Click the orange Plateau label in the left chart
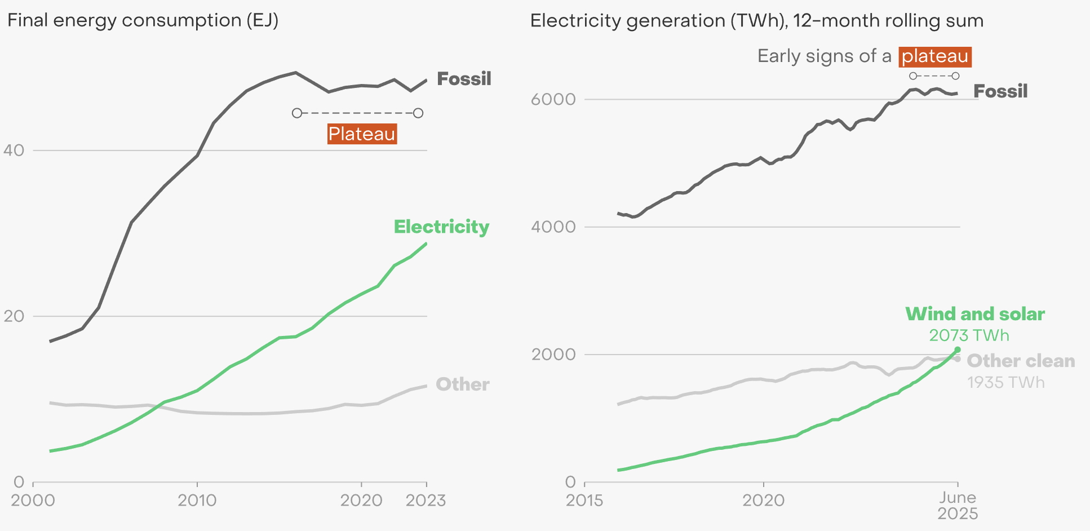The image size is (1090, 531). pyautogui.click(x=362, y=134)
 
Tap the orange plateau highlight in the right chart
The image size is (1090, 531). pyautogui.click(x=935, y=56)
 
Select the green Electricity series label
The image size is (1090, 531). pyautogui.click(x=441, y=227)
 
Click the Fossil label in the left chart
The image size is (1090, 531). pyautogui.click(x=464, y=79)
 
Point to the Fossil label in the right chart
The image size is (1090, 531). pyautogui.click(x=1000, y=91)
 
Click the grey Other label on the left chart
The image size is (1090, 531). pyautogui.click(x=463, y=384)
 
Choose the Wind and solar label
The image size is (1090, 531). pyautogui.click(x=975, y=314)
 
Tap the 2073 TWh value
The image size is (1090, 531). pyautogui.click(x=969, y=335)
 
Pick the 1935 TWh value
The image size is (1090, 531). pyautogui.click(x=1006, y=383)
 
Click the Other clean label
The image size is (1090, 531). pyautogui.click(x=1021, y=361)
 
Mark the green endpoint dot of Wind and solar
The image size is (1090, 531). pyautogui.click(x=958, y=350)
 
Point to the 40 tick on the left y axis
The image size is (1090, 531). pyautogui.click(x=14, y=150)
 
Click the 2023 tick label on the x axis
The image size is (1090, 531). pyautogui.click(x=426, y=501)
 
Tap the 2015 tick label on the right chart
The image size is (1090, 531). pyautogui.click(x=584, y=501)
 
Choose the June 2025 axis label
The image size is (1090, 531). pyautogui.click(x=958, y=506)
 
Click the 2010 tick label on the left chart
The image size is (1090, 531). pyautogui.click(x=197, y=501)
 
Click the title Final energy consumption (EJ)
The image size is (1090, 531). pyautogui.click(x=143, y=21)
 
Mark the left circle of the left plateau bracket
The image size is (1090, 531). pyautogui.click(x=297, y=113)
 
